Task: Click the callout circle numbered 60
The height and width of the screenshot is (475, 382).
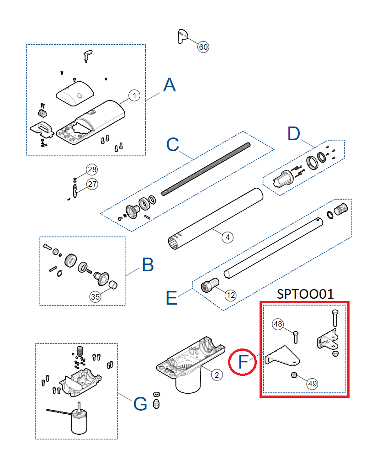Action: [x=203, y=47]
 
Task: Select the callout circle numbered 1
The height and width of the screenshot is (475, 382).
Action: [x=133, y=95]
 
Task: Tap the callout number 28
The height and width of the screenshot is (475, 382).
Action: [x=92, y=170]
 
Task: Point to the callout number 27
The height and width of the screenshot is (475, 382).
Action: [x=92, y=184]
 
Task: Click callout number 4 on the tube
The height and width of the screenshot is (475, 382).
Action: [x=227, y=237]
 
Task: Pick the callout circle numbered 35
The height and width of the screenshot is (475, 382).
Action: [x=95, y=296]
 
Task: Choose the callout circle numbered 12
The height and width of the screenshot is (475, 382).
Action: [x=231, y=295]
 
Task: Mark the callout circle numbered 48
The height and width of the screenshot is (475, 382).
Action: [x=278, y=324]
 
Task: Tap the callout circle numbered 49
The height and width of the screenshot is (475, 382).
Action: [x=313, y=384]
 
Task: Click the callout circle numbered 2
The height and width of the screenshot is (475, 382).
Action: [x=217, y=375]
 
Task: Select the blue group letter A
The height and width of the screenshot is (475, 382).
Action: [x=170, y=85]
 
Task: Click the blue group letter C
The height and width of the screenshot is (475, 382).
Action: [x=173, y=145]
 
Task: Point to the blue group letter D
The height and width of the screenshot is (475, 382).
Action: [x=294, y=134]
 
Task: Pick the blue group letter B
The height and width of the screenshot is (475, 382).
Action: [x=148, y=265]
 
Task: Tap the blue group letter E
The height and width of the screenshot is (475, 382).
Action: [x=171, y=298]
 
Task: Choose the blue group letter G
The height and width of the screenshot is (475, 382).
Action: [x=140, y=404]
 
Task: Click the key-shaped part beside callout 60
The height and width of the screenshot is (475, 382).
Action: [x=182, y=36]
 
